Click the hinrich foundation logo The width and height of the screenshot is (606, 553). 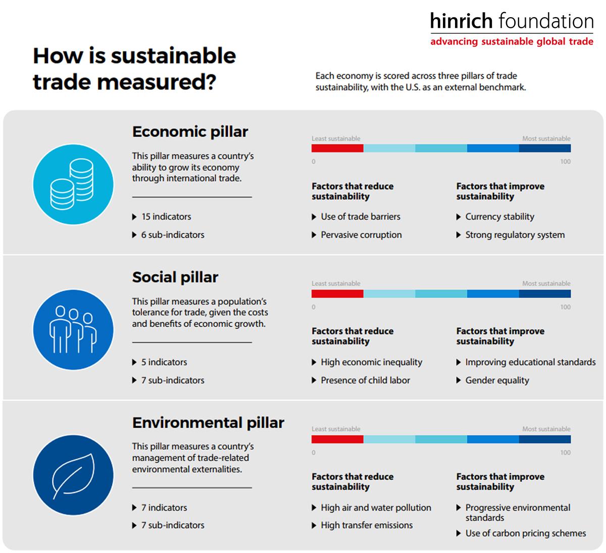tap(512, 29)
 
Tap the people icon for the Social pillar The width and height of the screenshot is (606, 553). tap(73, 330)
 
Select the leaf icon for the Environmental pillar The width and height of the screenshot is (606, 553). tap(73, 475)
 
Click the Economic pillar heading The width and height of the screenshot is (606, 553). tap(190, 132)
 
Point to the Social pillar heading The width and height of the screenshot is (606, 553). tap(175, 277)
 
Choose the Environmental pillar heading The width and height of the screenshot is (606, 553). tap(208, 423)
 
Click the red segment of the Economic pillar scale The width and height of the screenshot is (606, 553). tap(337, 148)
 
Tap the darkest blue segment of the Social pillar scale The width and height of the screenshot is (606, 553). tap(545, 293)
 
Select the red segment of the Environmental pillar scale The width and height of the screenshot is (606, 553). tap(337, 439)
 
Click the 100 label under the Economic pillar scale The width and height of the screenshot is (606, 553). tap(565, 162)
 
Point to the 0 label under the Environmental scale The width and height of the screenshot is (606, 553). tap(314, 453)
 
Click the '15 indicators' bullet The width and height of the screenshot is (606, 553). tap(162, 217)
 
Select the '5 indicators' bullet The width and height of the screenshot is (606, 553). tap(160, 362)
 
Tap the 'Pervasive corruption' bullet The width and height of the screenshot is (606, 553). tap(357, 235)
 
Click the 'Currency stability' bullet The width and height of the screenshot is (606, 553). tap(495, 217)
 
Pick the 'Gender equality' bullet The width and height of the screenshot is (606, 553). tap(492, 380)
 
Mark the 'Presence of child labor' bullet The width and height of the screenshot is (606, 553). tap(361, 380)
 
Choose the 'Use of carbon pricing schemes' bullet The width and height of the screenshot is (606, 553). tap(521, 533)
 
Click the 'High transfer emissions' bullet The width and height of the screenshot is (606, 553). tap(362, 525)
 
